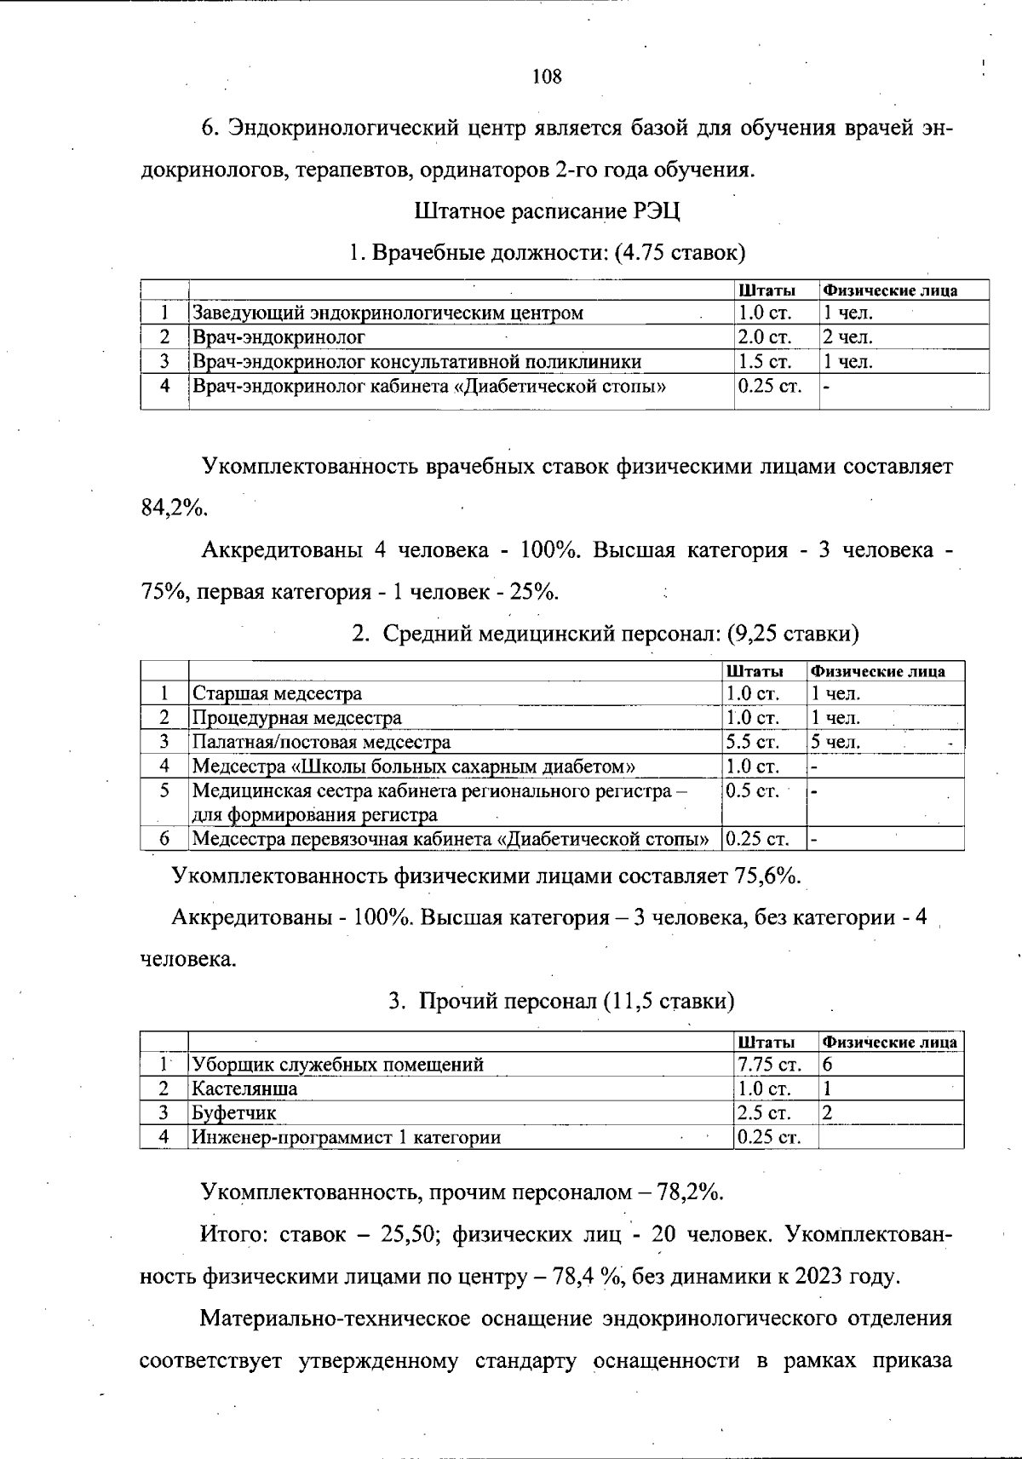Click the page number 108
pyautogui.click(x=547, y=77)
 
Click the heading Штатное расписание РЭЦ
pyautogui.click(x=547, y=210)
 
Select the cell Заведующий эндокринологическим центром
pyautogui.click(x=388, y=313)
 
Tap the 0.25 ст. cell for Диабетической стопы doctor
pyautogui.click(x=770, y=386)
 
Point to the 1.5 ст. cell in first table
pyautogui.click(x=765, y=361)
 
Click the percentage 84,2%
pyautogui.click(x=174, y=508)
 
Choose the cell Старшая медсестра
pyautogui.click(x=277, y=693)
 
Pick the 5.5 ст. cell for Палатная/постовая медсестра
pyautogui.click(x=753, y=742)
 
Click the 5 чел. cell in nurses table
pyautogui.click(x=835, y=742)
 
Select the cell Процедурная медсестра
pyautogui.click(x=296, y=717)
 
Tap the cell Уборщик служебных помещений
pyautogui.click(x=338, y=1064)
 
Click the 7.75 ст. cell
pyautogui.click(x=770, y=1064)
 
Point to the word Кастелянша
pyautogui.click(x=244, y=1088)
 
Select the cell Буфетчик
pyautogui.click(x=234, y=1112)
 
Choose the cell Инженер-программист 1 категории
pyautogui.click(x=347, y=1137)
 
